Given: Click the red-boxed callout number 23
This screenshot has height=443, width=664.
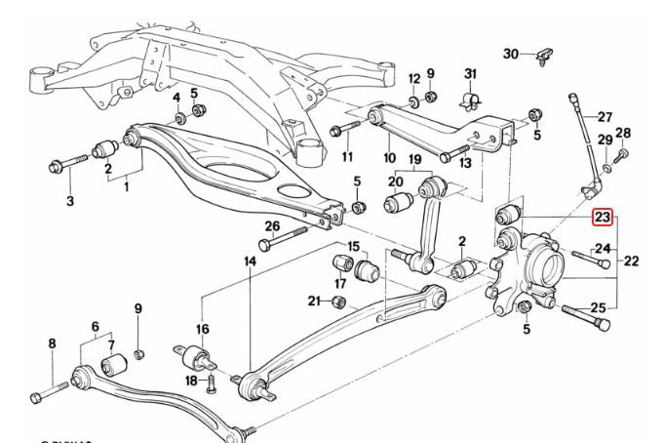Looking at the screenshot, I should pos(603,217).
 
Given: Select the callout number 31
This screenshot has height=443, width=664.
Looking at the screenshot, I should pos(470,75).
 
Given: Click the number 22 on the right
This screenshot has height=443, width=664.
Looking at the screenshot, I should pos(631,261).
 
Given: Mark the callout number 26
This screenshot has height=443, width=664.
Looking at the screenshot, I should pos(272,227).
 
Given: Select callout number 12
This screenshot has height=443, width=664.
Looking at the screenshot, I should pos(413,78).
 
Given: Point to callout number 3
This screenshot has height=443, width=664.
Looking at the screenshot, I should pos(70,201).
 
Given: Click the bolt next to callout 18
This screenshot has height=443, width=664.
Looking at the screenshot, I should pos(211,383).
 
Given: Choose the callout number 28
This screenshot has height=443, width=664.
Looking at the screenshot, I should pos(623,134).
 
